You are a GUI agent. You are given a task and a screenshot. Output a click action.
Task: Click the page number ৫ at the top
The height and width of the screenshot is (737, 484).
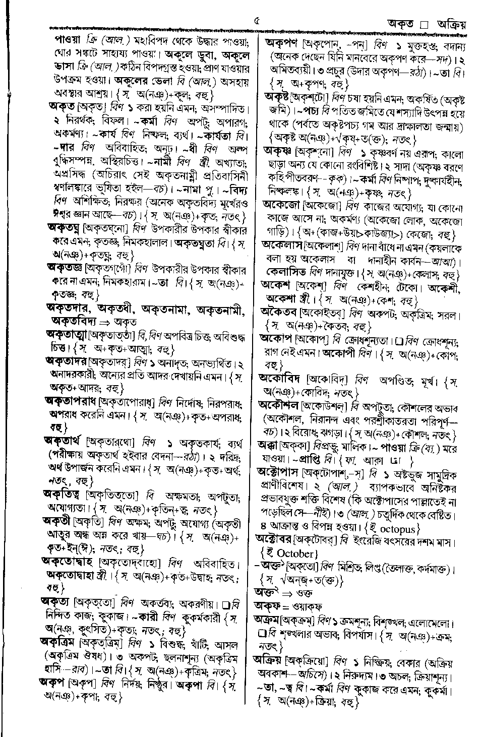(257, 21)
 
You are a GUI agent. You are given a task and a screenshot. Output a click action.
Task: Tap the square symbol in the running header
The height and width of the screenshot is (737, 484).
(424, 24)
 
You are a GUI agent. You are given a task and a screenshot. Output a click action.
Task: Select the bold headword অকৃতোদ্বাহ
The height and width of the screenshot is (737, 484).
(68, 561)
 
